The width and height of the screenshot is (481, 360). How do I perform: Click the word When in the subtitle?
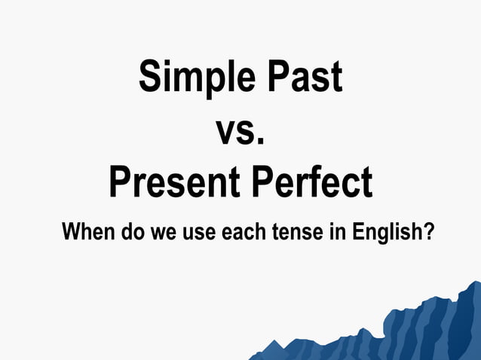tap(87, 230)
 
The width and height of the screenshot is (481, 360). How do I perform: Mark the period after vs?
tap(261, 140)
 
